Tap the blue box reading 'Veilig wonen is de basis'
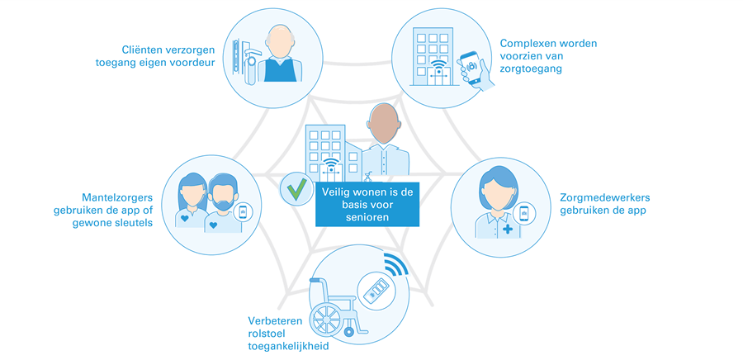pyautogui.click(x=367, y=203)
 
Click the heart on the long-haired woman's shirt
pyautogui.click(x=187, y=220)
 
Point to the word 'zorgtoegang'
pyautogui.click(x=531, y=70)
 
